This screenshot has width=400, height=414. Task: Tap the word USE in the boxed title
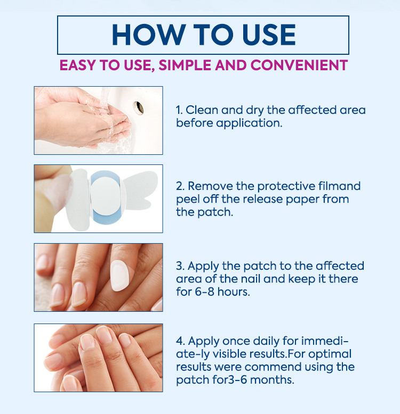click(x=269, y=35)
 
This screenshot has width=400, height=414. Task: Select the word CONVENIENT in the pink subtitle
click(x=299, y=65)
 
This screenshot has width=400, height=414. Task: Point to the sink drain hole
click(x=139, y=108)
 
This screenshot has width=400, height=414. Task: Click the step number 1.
click(x=179, y=110)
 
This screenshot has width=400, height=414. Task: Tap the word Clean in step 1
click(x=202, y=110)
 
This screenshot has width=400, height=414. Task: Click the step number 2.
click(x=180, y=186)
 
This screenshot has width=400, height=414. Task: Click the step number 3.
click(x=180, y=266)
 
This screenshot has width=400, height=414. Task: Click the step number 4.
click(x=180, y=341)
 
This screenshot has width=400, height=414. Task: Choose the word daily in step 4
click(x=267, y=342)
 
